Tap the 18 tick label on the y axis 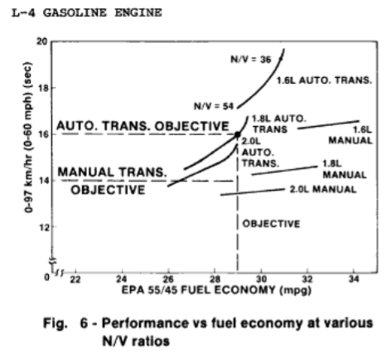(x=43, y=88)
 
